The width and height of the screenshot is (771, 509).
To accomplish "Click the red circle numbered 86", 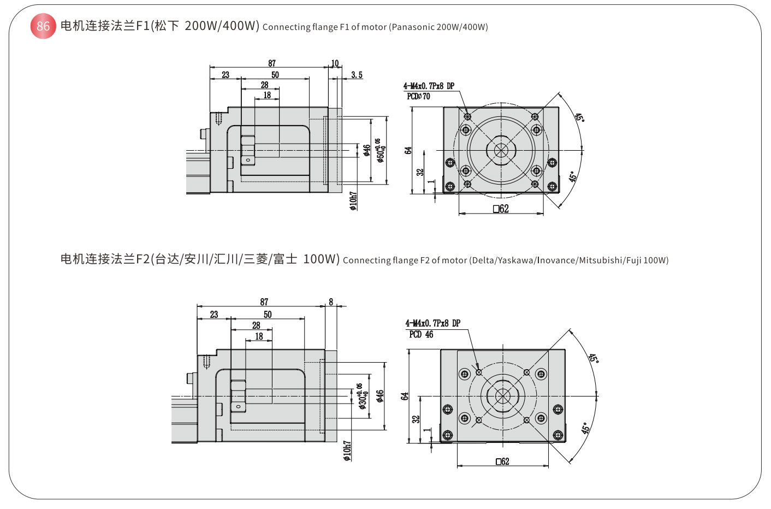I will point(43,26).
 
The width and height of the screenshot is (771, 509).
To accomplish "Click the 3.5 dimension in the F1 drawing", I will point(357,75).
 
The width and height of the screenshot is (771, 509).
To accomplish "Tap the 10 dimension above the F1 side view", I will point(335,63).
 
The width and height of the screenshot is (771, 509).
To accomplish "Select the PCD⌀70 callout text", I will point(418,96).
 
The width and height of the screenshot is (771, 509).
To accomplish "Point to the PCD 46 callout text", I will point(421,334).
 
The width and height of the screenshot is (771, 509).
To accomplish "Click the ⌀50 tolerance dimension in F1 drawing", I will point(380,150).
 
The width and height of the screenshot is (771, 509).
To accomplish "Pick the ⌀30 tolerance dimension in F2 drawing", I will point(361,396).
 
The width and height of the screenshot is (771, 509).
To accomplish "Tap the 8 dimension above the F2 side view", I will point(331,302).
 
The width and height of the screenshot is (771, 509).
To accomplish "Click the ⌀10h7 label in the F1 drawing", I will point(353,200).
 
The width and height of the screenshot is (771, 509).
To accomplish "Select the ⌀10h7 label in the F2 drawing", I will point(347,451).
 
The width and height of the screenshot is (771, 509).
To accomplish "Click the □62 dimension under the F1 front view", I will point(501,209).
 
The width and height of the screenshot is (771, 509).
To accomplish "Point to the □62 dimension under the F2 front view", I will point(502,461).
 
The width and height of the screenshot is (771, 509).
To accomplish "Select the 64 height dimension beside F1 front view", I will point(408,150).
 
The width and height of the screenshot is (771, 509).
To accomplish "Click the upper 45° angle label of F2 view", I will point(594,359).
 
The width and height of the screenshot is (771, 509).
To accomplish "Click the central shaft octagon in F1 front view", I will point(501,150).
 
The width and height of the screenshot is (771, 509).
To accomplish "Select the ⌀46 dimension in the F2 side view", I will point(379,396).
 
